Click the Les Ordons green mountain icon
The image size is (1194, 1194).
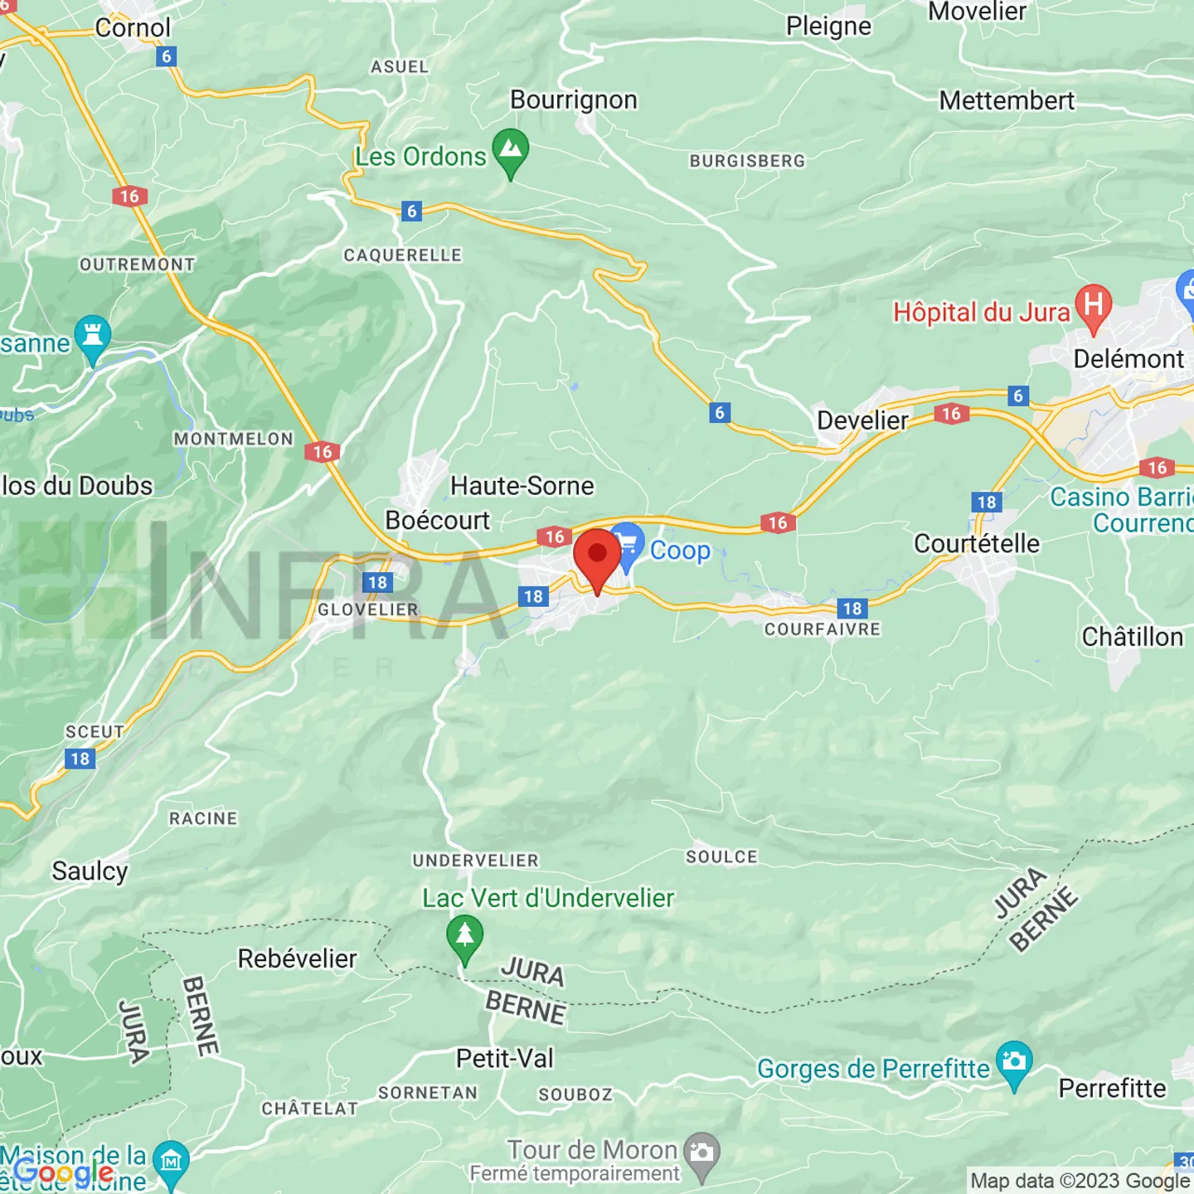coord(511,151)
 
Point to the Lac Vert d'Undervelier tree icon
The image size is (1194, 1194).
coord(465,936)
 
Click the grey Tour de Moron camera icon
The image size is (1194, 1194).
coord(703,1153)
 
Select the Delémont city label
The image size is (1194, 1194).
coord(1128,359)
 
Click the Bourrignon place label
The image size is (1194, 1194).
coord(574,100)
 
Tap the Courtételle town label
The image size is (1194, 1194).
coord(976,544)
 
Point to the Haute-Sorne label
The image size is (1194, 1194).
coord(522,486)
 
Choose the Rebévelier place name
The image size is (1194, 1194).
coord(297,959)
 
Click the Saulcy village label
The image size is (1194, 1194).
coord(90,871)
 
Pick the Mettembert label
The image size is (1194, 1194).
coord(1006,100)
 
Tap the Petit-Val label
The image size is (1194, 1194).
coord(504,1059)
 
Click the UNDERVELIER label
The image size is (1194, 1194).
coord(475,861)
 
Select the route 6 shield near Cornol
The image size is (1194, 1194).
coord(167,56)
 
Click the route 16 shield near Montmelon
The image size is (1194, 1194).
coord(323,452)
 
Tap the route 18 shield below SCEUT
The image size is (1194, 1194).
coord(80,759)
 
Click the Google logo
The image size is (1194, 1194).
coord(64,1172)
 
